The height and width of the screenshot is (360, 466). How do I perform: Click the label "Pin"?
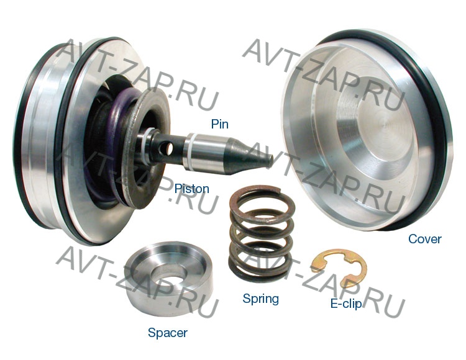click(x=219, y=124)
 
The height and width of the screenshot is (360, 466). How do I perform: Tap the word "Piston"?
click(x=192, y=189)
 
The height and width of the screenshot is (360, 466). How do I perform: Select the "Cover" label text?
click(x=425, y=238)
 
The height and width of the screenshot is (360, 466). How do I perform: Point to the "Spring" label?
click(x=260, y=299)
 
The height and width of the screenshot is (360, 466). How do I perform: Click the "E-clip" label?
click(x=346, y=304)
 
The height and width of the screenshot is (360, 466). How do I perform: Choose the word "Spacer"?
click(x=168, y=333)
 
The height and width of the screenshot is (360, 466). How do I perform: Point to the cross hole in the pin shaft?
click(x=169, y=148)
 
